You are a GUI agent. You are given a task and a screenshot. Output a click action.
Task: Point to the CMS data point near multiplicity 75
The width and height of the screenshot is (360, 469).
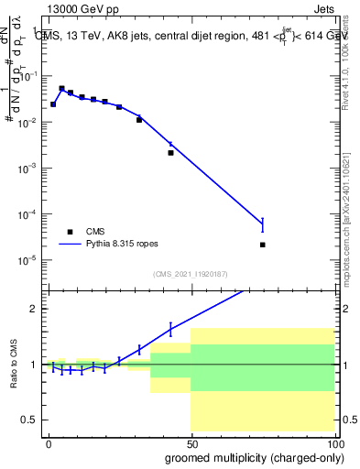(262, 245)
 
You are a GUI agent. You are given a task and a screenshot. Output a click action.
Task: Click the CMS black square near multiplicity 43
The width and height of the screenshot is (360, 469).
(170, 153)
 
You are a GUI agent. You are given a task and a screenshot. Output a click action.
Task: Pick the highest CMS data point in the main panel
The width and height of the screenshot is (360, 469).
(61, 89)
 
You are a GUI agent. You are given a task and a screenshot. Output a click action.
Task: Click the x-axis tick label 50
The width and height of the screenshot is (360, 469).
(191, 442)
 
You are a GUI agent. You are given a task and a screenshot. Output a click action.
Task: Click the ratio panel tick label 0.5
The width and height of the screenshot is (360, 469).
(30, 420)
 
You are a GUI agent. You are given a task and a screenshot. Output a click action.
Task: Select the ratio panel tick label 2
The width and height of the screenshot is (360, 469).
(35, 309)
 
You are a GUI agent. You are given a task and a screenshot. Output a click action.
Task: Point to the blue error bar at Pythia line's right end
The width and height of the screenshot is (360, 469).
(262, 224)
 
